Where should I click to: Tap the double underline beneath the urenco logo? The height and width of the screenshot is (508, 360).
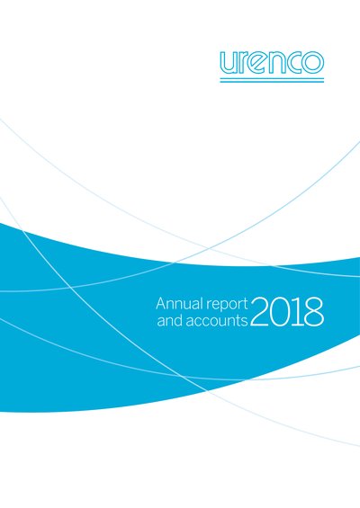(272, 80)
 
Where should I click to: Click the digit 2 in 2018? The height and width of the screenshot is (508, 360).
(259, 312)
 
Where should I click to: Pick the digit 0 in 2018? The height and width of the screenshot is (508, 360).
(279, 312)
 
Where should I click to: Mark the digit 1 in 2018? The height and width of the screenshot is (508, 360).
(296, 312)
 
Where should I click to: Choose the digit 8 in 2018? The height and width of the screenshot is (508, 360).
(313, 312)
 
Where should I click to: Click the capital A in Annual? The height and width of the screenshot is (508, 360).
(161, 304)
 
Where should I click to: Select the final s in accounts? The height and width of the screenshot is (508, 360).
(245, 322)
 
